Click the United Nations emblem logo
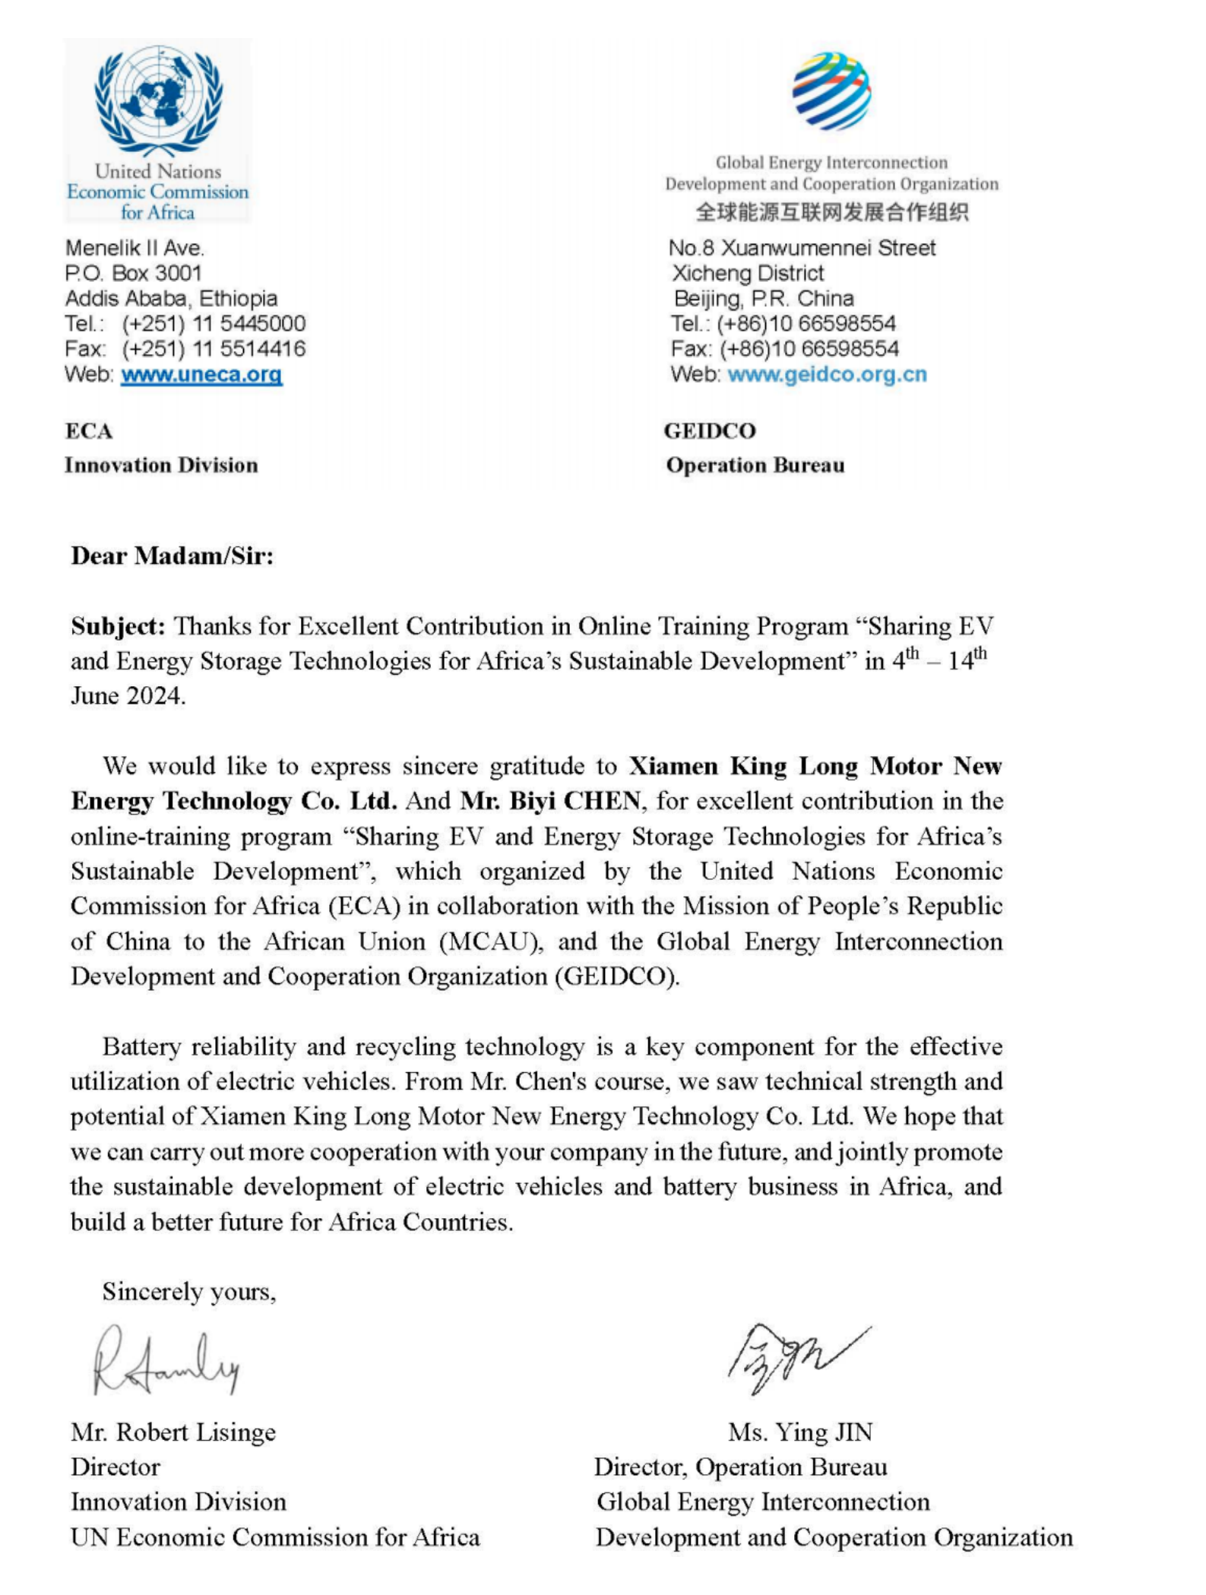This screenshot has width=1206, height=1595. pyautogui.click(x=158, y=99)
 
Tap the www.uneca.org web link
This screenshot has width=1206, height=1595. pyautogui.click(x=201, y=375)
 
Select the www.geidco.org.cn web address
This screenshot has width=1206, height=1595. pyautogui.click(x=827, y=375)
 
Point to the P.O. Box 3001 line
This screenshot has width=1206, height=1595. pyautogui.click(x=134, y=273)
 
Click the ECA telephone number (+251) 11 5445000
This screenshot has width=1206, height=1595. pyautogui.click(x=214, y=324)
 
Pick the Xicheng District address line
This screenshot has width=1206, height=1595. pyautogui.click(x=748, y=273)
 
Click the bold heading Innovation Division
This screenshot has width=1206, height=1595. pyautogui.click(x=161, y=465)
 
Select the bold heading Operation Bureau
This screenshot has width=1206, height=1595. pyautogui.click(x=755, y=465)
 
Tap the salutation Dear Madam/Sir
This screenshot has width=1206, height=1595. pyautogui.click(x=173, y=556)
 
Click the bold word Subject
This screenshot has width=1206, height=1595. pyautogui.click(x=118, y=626)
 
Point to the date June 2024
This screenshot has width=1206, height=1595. pyautogui.click(x=128, y=696)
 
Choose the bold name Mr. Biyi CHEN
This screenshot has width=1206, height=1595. pyautogui.click(x=550, y=801)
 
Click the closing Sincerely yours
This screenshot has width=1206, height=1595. pyautogui.click(x=189, y=1292)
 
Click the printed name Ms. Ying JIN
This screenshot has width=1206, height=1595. pyautogui.click(x=800, y=1432)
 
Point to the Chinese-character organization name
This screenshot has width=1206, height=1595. pyautogui.click(x=832, y=212)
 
